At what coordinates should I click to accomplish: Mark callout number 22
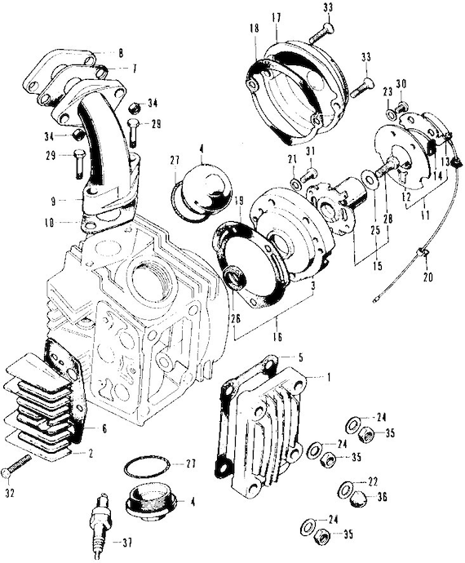coord(373,481)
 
